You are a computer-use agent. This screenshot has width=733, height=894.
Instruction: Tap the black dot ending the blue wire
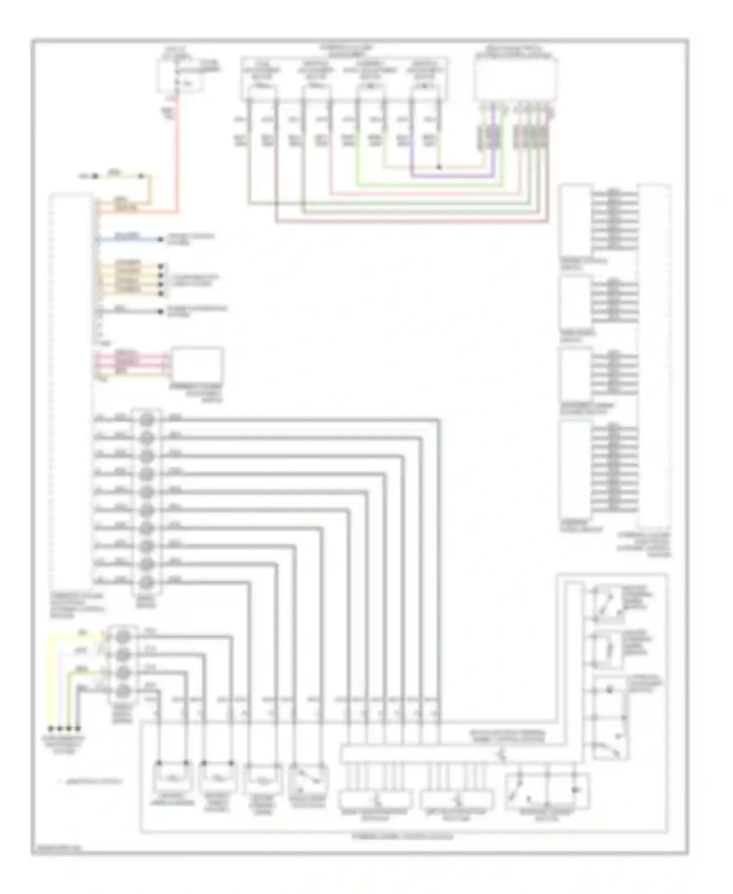(x=161, y=240)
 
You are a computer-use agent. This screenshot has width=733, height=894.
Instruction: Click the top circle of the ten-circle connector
(x=147, y=420)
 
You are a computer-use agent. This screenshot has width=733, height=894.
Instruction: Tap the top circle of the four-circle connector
(x=123, y=636)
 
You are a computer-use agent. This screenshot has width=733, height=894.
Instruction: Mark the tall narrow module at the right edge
(x=655, y=357)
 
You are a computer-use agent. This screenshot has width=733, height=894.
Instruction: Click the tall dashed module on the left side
(x=71, y=391)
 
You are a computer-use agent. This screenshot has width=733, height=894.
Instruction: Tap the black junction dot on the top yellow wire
(x=438, y=167)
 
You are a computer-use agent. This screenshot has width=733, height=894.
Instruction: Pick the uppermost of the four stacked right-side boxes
(x=575, y=220)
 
